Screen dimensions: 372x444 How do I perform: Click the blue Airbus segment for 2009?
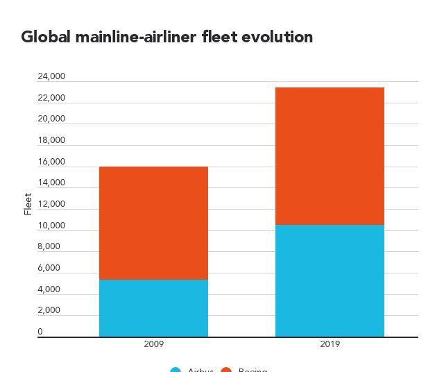pos(153,308)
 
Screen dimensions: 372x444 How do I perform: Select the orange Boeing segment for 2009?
pos(153,223)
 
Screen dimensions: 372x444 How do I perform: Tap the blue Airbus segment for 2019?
pos(330,280)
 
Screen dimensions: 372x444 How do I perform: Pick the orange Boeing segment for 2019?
pos(330,156)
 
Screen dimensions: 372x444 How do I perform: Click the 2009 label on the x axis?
pos(153,344)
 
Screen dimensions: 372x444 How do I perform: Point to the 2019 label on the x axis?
pos(330,344)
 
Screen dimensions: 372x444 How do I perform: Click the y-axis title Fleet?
pos(28,204)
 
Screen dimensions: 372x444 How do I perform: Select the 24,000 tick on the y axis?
pos(51,76)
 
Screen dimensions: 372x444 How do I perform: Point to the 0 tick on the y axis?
pos(40,332)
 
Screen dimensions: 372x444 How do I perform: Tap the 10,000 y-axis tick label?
pos(51,226)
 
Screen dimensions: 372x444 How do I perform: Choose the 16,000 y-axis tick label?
pos(51,162)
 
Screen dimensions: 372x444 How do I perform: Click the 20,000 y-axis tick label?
pos(51,119)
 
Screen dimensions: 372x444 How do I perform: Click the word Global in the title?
pos(46,37)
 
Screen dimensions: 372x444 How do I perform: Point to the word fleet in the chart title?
pos(220,37)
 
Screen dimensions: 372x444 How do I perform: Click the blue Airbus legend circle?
pos(176,370)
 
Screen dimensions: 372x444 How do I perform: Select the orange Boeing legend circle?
pos(226,370)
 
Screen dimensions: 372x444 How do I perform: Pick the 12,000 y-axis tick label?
pos(51,204)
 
